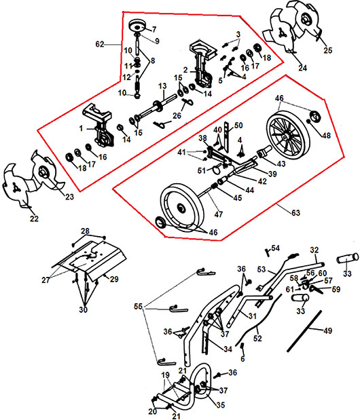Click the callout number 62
[99, 44]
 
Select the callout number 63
[295, 213]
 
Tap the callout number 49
[327, 331]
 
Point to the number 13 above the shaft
[162, 86]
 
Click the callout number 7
[154, 29]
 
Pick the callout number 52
[257, 339]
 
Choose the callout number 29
[114, 279]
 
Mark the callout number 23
[69, 197]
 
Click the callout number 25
[327, 50]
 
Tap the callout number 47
[219, 214]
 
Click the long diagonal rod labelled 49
[304, 331]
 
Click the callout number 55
[138, 307]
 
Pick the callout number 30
[84, 309]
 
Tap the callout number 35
[220, 404]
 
